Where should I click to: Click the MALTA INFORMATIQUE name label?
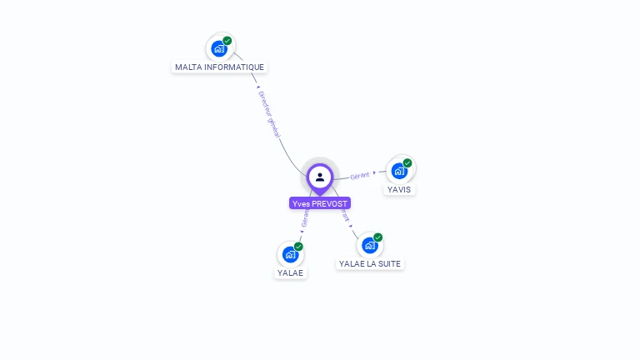click(x=220, y=67)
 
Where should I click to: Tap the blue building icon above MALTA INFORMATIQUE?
click(x=219, y=48)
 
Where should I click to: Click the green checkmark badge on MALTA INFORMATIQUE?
click(x=227, y=41)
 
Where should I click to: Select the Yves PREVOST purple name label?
click(x=320, y=203)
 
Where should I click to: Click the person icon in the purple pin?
click(x=320, y=177)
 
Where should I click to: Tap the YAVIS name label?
click(x=399, y=189)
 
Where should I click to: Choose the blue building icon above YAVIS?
click(x=399, y=171)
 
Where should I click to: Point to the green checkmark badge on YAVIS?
click(x=407, y=163)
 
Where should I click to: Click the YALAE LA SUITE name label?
click(x=369, y=263)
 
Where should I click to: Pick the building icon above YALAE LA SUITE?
click(x=369, y=245)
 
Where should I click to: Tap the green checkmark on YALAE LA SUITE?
click(x=377, y=237)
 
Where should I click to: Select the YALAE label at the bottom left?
click(x=291, y=272)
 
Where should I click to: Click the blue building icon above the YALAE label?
click(x=290, y=254)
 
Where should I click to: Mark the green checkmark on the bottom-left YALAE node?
click(x=298, y=247)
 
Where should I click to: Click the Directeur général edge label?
click(x=268, y=114)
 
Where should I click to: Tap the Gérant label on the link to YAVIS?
click(x=359, y=176)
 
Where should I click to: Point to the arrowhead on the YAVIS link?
click(x=374, y=173)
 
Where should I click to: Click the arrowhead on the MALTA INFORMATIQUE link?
click(x=257, y=87)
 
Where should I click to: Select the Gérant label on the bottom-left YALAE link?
click(x=305, y=218)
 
